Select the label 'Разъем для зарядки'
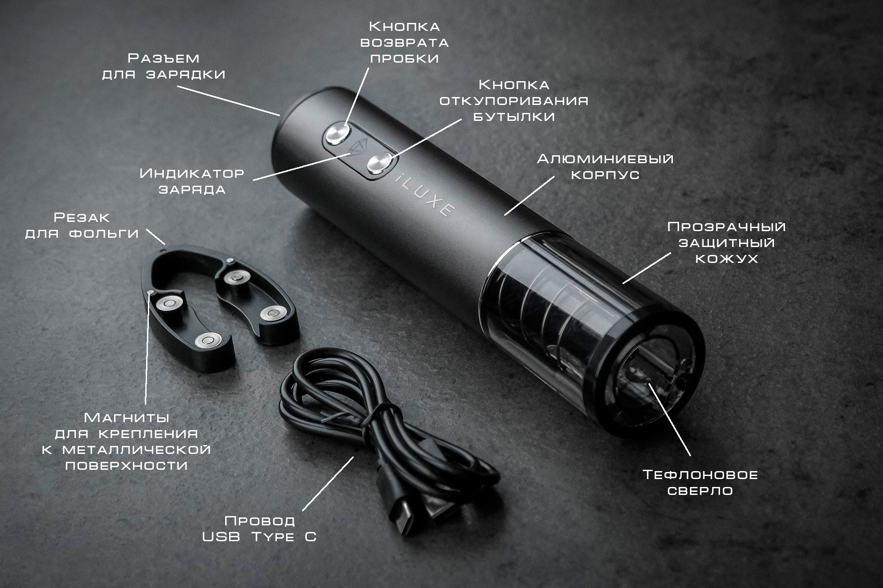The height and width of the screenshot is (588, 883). tap(164, 66)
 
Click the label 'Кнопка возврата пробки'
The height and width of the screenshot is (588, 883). tap(405, 42)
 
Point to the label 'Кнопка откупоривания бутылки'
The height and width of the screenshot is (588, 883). tap(514, 100)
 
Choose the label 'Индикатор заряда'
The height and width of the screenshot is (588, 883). tap(192, 181)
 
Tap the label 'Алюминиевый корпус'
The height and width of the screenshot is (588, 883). tap(605, 167)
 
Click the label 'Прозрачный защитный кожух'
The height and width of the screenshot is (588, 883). tap(726, 243)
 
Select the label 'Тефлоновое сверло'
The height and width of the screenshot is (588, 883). tap(700, 483)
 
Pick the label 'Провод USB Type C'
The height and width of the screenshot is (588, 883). tap(260, 528)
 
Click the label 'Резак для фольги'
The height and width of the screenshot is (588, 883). tap(82, 225)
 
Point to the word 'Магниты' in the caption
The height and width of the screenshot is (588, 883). tap(127, 417)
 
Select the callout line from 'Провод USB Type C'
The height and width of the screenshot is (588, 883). tap(328, 483)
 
